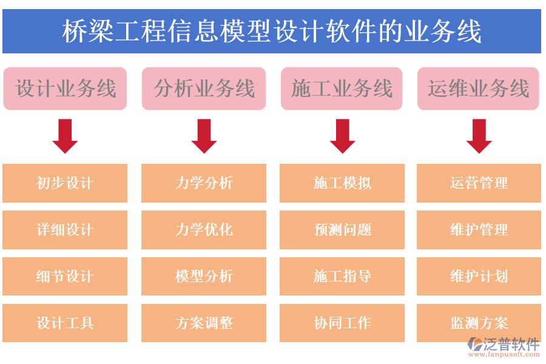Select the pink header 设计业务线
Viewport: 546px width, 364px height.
(65, 89)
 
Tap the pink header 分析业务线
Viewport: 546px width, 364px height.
(204, 89)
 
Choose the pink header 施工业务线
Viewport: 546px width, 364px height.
(342, 89)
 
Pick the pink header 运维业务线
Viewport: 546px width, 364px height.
(478, 89)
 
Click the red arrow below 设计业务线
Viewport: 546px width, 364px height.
(65, 136)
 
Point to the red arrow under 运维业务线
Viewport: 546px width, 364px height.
(479, 136)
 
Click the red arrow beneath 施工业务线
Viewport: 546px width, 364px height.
(342, 136)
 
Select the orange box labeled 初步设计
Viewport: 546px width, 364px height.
(65, 183)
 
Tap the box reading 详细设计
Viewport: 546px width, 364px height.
(65, 230)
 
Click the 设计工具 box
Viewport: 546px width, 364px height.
(65, 323)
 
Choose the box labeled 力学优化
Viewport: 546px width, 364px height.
(204, 230)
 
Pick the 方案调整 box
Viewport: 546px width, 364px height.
(204, 323)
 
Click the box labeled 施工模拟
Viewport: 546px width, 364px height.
(342, 183)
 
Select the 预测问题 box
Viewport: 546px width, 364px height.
(342, 230)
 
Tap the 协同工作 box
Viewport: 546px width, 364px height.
(342, 323)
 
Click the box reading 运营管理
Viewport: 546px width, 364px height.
(479, 183)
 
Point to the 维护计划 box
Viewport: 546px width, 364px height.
(479, 277)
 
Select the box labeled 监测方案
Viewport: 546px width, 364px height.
(479, 323)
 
